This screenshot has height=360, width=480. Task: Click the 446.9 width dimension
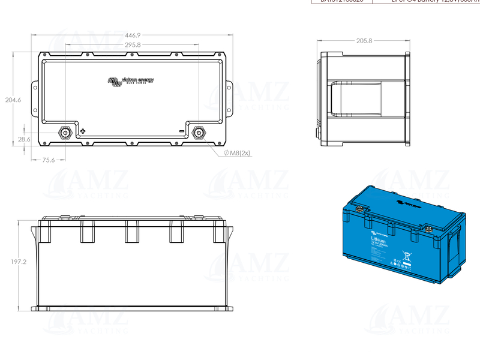point(132,35)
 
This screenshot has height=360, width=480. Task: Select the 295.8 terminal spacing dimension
point(133,45)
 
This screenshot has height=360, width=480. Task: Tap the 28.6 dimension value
point(24,139)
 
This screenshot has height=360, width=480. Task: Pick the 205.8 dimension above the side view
point(364,41)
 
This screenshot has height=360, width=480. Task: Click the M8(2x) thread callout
point(236,154)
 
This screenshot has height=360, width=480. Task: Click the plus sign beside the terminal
point(83,131)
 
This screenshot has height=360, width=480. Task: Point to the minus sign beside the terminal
point(181,131)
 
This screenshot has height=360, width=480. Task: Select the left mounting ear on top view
point(35,100)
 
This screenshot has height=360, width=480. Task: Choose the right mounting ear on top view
point(229,100)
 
